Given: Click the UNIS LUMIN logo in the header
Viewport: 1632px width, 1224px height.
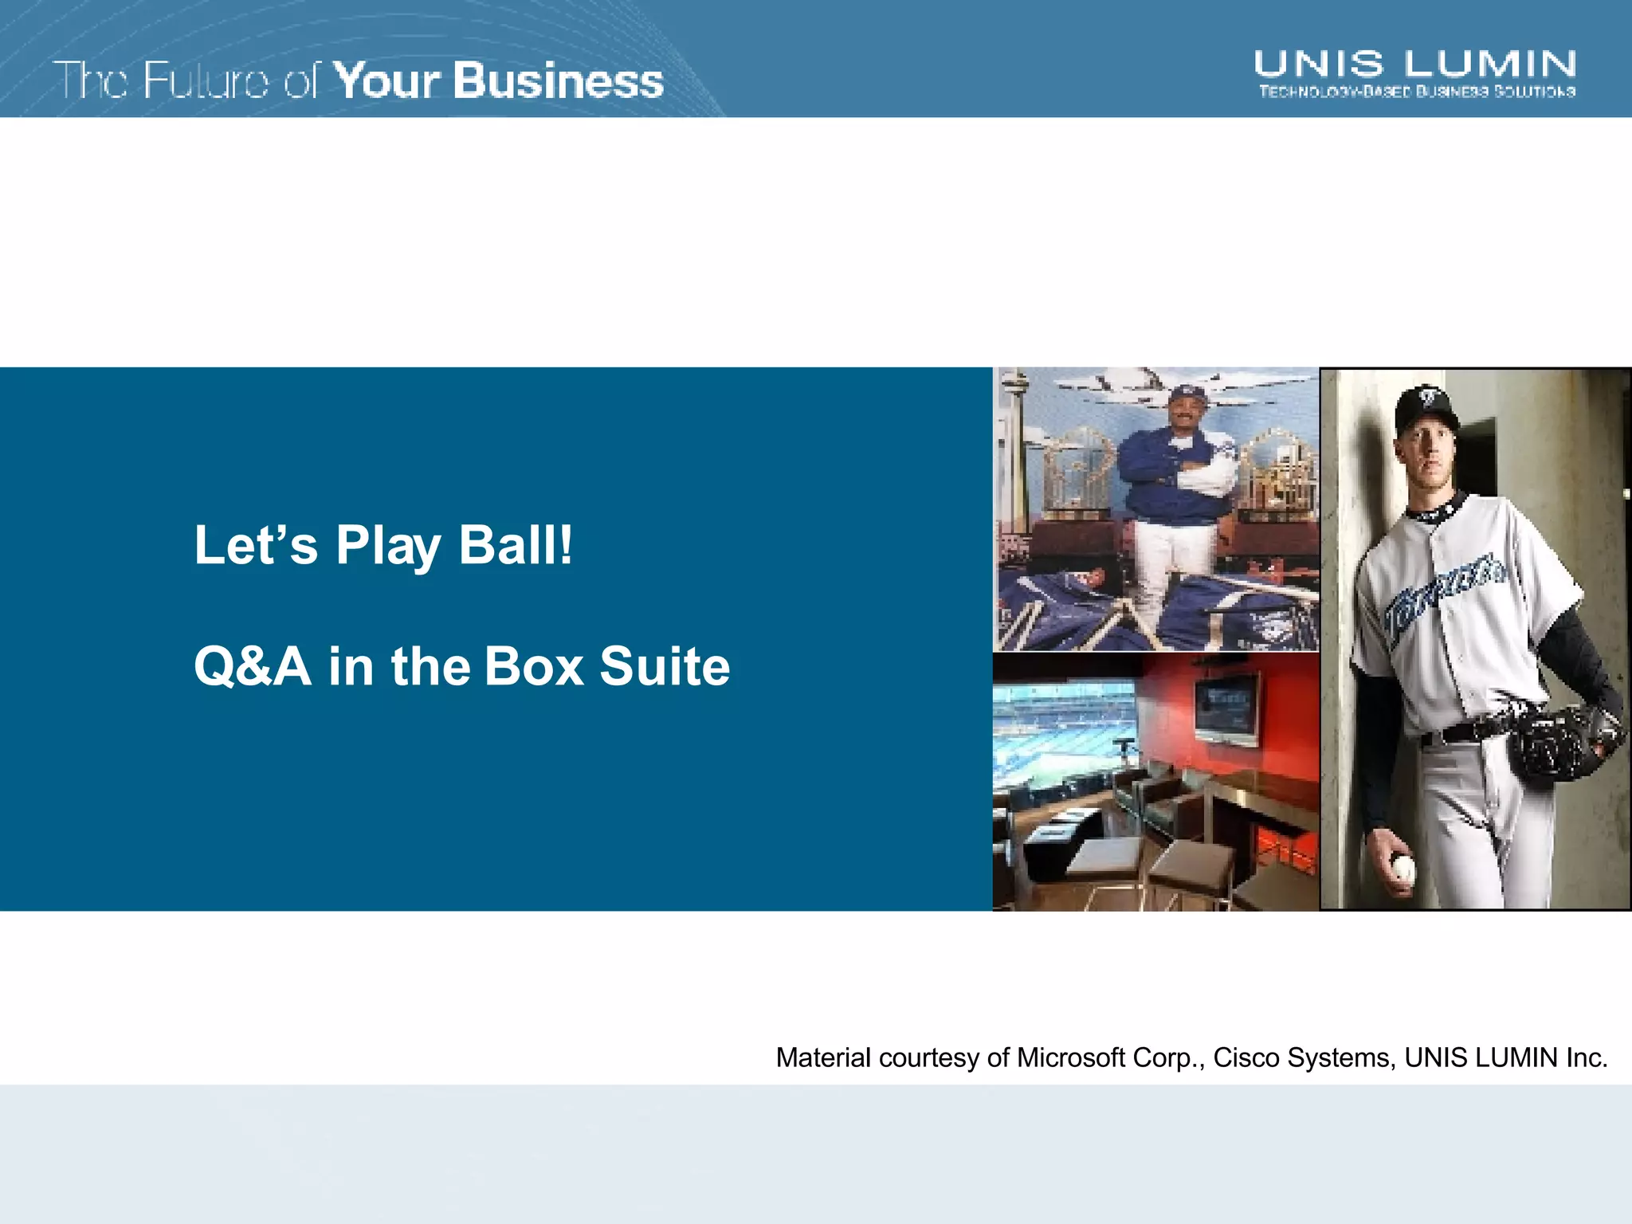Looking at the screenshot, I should pos(1414,64).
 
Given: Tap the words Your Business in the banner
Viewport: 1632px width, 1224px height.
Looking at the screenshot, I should pos(498,80).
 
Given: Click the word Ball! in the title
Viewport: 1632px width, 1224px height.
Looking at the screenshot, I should pos(516,545).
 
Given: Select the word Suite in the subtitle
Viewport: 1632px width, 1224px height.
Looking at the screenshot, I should pos(665,666).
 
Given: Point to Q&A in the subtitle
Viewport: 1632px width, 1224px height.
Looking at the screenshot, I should pos(252,666).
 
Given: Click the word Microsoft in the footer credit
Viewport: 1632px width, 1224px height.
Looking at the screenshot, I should pos(1071,1057).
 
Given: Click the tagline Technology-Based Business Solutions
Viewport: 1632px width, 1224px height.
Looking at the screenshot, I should pos(1416,92).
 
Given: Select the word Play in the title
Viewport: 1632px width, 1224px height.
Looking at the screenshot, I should pos(388,545).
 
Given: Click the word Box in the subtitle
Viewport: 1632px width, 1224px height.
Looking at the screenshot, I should pos(534,666).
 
